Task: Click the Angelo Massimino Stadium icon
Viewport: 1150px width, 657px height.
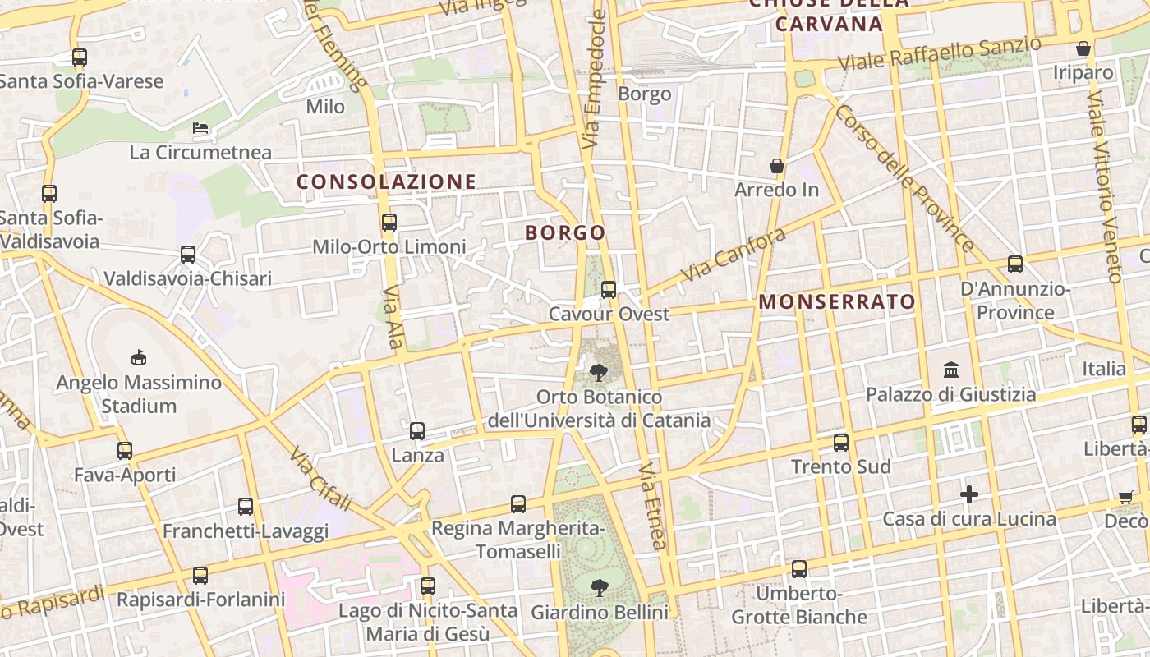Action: (139, 357)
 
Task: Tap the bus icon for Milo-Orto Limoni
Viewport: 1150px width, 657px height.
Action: (389, 222)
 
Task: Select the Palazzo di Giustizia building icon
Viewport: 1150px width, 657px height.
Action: (951, 370)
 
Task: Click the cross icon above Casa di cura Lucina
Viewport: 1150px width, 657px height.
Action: (969, 494)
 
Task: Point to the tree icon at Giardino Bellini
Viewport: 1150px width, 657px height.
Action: (600, 587)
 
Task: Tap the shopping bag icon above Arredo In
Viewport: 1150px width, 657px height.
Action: (777, 166)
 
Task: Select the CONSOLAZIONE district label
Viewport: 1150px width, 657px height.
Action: (386, 181)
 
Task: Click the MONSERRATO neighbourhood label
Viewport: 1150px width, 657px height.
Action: (836, 301)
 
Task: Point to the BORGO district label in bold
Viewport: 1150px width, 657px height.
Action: (565, 232)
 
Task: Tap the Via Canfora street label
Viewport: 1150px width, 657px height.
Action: (733, 254)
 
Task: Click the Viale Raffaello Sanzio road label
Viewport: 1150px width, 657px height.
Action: (940, 54)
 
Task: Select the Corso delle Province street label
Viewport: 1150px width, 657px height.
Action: (904, 177)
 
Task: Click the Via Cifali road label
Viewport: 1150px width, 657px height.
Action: (320, 480)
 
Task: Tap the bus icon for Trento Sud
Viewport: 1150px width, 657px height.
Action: (841, 442)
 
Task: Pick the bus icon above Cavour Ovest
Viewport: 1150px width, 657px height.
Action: (609, 289)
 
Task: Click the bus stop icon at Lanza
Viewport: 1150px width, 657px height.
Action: (417, 430)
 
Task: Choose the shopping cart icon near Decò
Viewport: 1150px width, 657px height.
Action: (1125, 497)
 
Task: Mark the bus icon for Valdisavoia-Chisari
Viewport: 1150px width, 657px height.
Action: (188, 255)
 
